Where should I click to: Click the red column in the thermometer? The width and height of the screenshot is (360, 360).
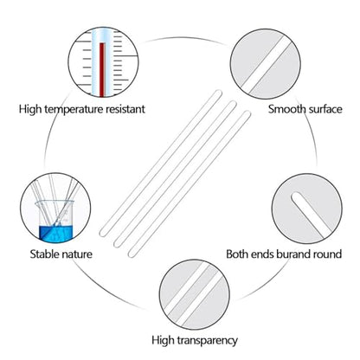tap(101, 70)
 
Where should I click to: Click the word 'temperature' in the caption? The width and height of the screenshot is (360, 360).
tap(74, 110)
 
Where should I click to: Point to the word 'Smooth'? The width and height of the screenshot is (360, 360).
tap(286, 109)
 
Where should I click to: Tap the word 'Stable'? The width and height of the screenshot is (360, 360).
tap(45, 254)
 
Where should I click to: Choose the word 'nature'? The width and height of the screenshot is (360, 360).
tap(77, 254)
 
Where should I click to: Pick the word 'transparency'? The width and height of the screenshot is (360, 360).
tap(207, 341)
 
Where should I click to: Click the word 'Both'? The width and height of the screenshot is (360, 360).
tap(237, 254)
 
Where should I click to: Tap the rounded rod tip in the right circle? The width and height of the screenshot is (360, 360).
tap(297, 197)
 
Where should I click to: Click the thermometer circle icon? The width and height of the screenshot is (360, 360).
tap(103, 62)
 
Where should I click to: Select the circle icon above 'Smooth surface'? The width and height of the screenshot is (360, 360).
tap(266, 64)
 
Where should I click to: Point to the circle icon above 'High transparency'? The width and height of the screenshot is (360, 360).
tap(195, 294)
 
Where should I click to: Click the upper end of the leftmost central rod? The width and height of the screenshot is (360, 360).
tap(219, 93)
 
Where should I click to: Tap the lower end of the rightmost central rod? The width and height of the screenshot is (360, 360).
tap(132, 254)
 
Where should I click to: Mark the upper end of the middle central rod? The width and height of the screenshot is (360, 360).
tap(233, 104)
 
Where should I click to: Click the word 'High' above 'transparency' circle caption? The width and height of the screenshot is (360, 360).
tap(163, 340)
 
